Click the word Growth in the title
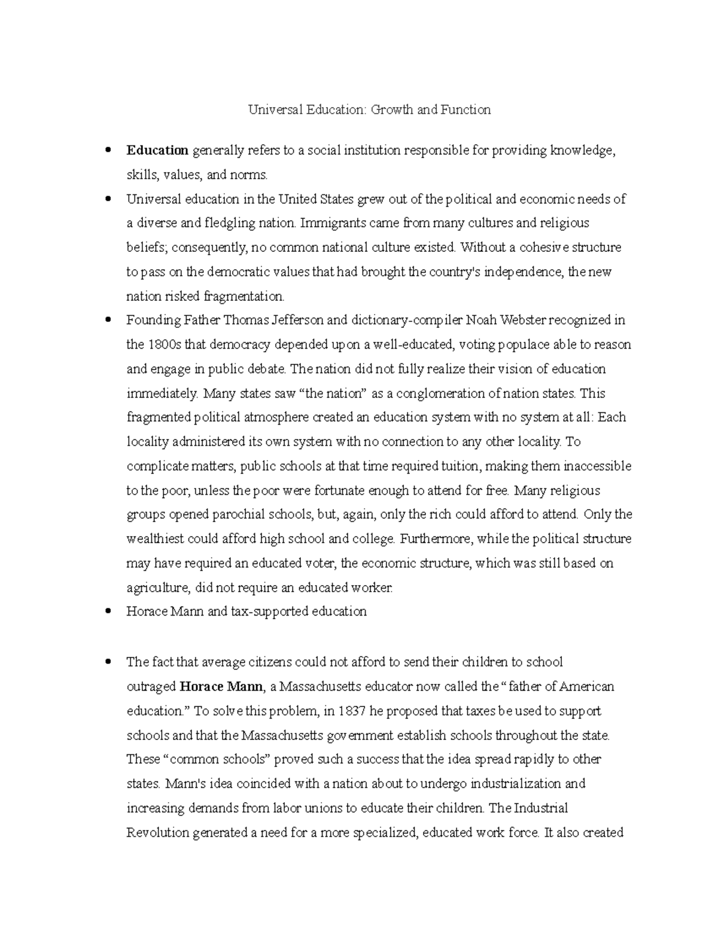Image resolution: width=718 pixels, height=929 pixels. point(393,109)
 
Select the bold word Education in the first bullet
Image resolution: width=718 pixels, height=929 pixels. point(157,151)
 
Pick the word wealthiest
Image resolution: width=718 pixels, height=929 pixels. point(155,539)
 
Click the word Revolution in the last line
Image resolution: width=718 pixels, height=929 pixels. point(157,833)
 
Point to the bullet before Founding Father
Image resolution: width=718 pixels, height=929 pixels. point(108,321)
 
